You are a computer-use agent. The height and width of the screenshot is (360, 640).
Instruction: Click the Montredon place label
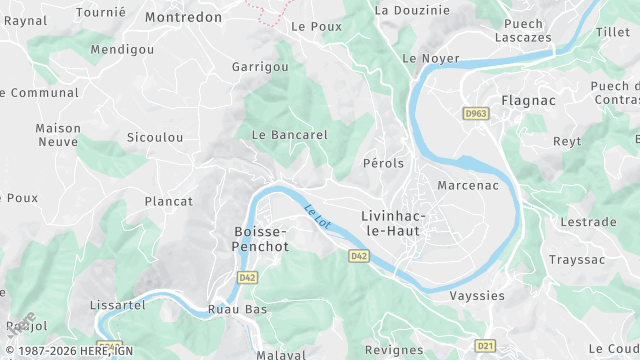[183, 17]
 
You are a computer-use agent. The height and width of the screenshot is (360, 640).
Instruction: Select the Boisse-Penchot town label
[261, 238]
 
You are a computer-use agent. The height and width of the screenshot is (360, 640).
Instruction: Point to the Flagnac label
[527, 101]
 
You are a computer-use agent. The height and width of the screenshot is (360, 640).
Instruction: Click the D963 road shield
[476, 114]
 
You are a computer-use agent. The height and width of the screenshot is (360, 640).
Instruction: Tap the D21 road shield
[485, 346]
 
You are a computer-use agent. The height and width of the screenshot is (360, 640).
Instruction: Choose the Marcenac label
[467, 185]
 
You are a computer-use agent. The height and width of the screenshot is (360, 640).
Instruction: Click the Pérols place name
[384, 163]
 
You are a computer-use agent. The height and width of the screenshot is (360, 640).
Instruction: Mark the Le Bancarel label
[290, 134]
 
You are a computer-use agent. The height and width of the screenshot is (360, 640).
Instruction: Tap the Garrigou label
[260, 67]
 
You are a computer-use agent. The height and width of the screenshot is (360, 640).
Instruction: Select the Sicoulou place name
[155, 137]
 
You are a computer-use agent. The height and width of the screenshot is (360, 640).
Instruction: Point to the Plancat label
[169, 201]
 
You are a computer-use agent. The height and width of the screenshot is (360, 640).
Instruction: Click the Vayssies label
[477, 296]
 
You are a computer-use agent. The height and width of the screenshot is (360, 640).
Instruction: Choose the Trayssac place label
[577, 259]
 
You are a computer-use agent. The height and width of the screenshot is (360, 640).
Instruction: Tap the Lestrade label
[582, 222]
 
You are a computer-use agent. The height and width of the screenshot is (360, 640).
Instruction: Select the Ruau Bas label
[237, 310]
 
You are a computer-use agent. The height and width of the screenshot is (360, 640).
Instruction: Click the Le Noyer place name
[423, 59]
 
